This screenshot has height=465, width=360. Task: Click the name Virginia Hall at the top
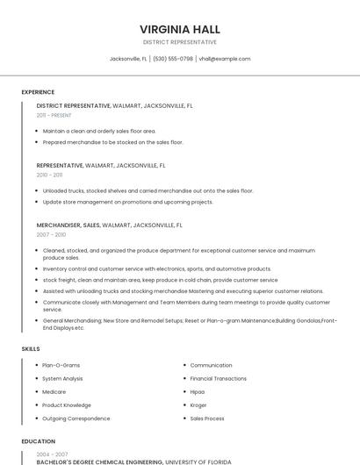(x=179, y=27)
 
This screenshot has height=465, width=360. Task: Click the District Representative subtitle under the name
(x=179, y=41)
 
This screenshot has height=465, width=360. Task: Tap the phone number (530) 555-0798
(x=173, y=59)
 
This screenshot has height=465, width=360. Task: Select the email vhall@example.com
(x=225, y=59)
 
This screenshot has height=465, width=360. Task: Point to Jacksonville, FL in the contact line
(x=128, y=59)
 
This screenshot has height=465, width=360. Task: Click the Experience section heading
(x=38, y=92)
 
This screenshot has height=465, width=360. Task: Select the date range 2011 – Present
(x=54, y=115)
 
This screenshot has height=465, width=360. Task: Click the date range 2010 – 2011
(x=49, y=175)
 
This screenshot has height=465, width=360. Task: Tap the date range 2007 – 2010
(x=51, y=234)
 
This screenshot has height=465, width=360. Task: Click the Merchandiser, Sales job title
(x=68, y=225)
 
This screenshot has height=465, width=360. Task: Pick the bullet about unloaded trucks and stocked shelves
(x=148, y=190)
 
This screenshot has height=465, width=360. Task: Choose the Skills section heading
(x=31, y=349)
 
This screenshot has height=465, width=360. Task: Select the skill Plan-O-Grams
(x=61, y=365)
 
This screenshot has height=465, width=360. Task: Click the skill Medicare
(x=54, y=391)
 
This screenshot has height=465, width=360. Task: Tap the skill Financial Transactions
(x=219, y=378)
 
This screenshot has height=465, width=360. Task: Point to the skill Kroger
(x=199, y=405)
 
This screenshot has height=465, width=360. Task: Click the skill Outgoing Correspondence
(x=76, y=418)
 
